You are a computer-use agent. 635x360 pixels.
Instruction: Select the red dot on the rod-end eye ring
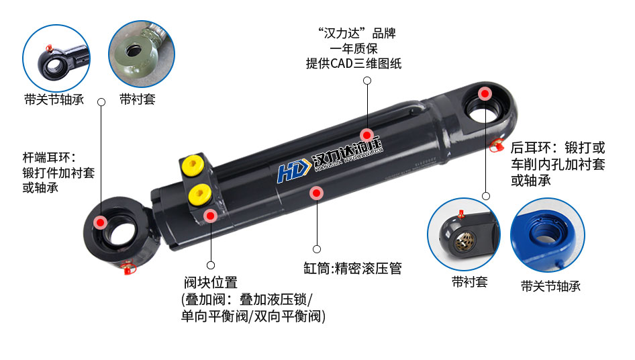point(100,222)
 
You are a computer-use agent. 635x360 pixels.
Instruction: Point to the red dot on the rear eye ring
point(484,93)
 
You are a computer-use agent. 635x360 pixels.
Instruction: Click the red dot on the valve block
point(211,216)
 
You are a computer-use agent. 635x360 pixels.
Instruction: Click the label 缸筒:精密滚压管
point(352,269)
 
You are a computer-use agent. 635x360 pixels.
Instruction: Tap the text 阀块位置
point(210,283)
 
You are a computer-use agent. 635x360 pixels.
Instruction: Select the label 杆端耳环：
point(50,158)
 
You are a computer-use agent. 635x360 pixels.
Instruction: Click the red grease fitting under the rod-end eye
point(128,269)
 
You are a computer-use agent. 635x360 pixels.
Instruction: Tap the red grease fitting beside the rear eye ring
point(498,144)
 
